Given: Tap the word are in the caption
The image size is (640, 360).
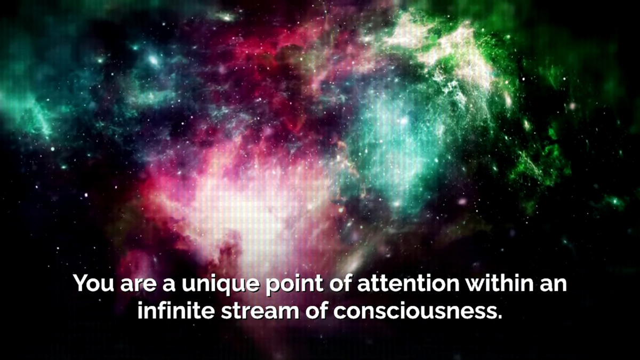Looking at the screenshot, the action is coord(138,285).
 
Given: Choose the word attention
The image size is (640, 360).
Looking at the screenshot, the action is coord(409,283).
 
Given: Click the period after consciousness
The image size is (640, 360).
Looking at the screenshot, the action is coord(499,316).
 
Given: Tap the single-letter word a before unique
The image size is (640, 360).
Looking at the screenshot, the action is coord(169,285).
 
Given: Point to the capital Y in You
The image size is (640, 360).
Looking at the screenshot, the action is coord(82,283).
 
